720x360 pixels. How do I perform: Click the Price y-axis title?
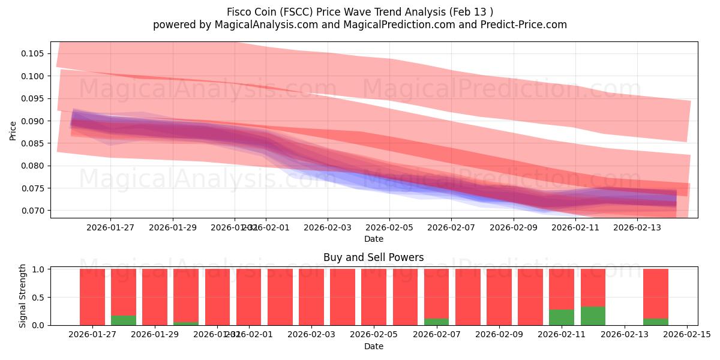13,130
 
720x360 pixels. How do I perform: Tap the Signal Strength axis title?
22,296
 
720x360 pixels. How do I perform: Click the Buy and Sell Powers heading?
373,257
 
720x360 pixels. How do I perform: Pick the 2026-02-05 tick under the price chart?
389,227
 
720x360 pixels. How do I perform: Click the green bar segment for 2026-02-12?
593,316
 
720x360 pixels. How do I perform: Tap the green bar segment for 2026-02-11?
562,317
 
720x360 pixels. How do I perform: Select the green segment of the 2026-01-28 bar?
124,320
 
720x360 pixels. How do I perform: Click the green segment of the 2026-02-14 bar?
655,322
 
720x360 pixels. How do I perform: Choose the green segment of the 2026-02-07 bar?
436,322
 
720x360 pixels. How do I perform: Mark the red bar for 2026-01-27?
92,297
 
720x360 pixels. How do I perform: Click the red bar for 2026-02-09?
499,297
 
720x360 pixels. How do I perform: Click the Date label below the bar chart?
373,346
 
